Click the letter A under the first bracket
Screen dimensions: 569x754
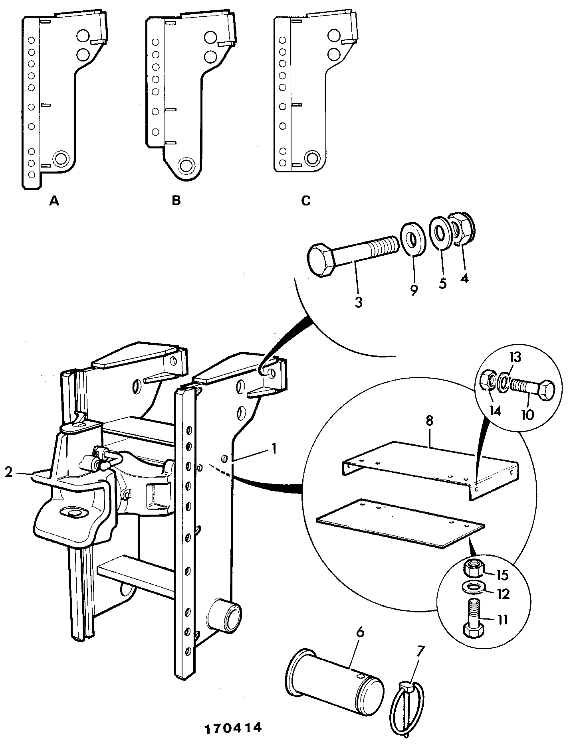[54, 201]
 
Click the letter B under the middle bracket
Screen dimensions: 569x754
[176, 200]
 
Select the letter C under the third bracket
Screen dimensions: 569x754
[305, 200]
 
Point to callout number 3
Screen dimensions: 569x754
[358, 302]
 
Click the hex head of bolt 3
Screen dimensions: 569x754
[323, 260]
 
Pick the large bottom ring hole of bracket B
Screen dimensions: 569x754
[186, 164]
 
